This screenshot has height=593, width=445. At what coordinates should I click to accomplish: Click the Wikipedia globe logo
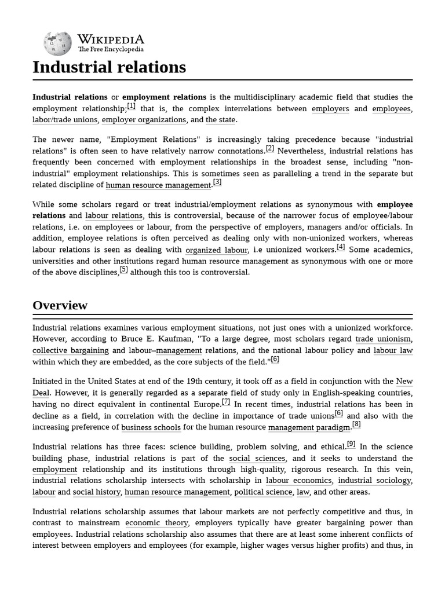click(x=57, y=43)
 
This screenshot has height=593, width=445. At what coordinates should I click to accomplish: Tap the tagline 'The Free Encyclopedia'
click(x=111, y=50)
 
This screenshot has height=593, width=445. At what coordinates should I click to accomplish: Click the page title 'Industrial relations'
click(x=109, y=67)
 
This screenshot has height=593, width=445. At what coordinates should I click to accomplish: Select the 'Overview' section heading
click(x=60, y=305)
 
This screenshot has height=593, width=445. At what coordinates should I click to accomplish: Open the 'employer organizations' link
click(x=144, y=120)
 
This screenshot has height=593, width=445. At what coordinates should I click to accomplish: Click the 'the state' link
click(x=221, y=120)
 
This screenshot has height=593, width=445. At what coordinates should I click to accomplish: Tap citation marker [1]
click(x=132, y=106)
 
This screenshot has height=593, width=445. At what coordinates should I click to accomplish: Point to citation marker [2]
click(x=270, y=148)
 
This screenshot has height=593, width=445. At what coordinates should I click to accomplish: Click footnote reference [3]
click(x=217, y=182)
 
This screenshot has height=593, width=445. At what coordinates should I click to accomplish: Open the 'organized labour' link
click(x=217, y=250)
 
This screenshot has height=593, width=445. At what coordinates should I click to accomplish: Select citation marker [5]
click(x=123, y=270)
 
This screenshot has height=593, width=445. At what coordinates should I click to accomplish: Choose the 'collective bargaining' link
click(x=71, y=351)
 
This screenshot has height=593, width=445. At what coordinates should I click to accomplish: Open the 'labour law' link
click(x=393, y=351)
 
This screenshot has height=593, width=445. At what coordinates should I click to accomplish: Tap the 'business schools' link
click(x=151, y=428)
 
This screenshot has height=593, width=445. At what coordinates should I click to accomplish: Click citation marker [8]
click(x=356, y=425)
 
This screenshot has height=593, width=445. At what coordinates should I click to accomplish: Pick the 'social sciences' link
click(x=257, y=459)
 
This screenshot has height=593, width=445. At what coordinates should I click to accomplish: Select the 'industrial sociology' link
click(x=374, y=481)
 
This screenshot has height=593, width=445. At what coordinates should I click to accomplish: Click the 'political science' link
click(x=263, y=492)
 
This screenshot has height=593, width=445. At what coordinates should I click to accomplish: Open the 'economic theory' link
click(x=156, y=523)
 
